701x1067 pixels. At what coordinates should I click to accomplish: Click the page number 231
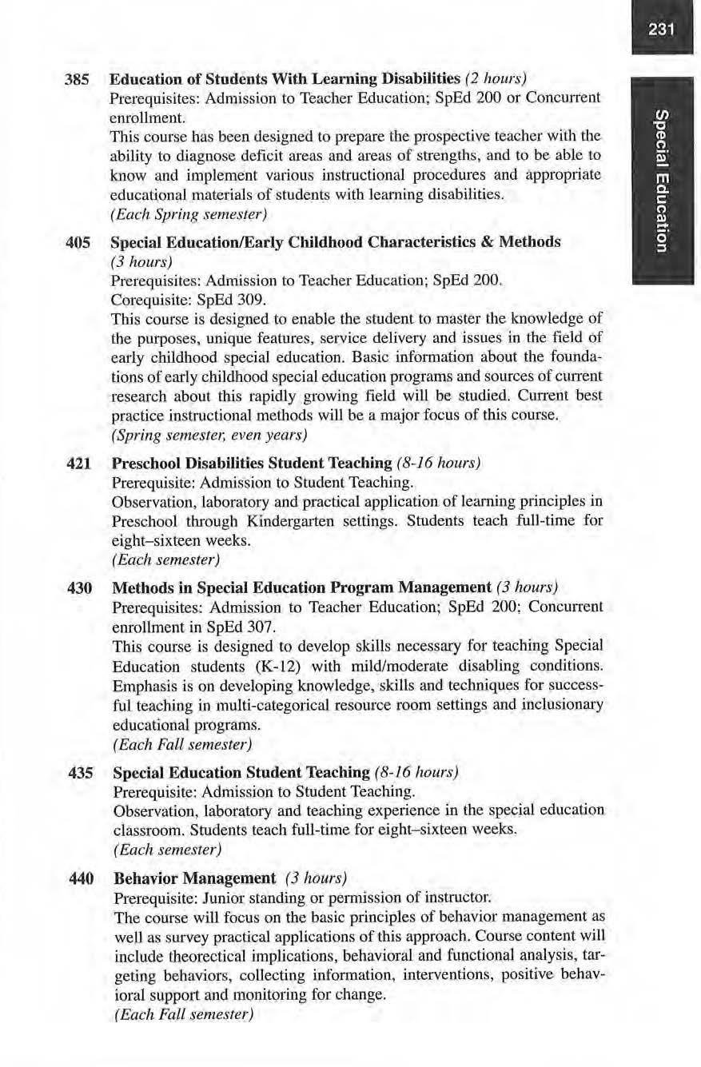click(662, 30)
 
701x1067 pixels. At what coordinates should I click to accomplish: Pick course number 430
click(80, 588)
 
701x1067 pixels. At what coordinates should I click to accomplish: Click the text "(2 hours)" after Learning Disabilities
click(495, 81)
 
